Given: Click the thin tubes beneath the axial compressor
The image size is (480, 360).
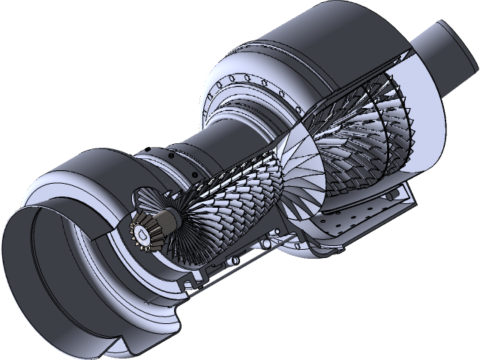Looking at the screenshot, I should point(225,262).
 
